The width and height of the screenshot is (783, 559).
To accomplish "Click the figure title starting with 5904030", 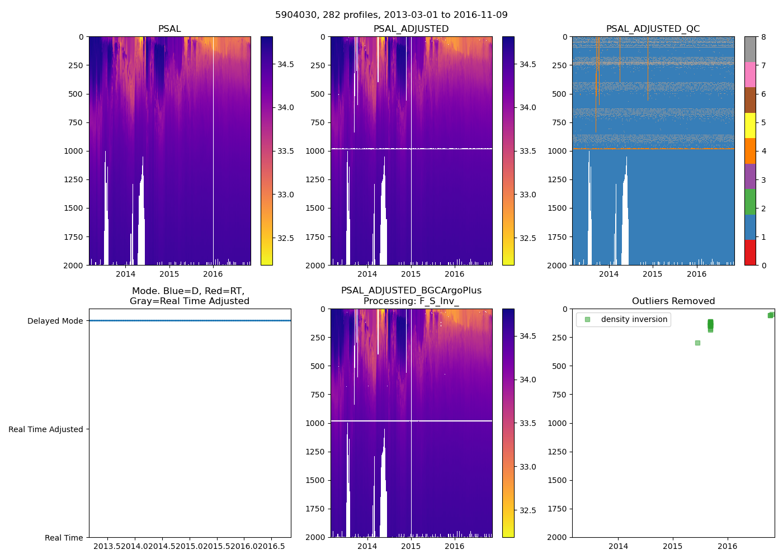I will pos(391,15).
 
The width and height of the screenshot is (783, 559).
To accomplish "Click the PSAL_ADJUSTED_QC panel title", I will pos(653,29).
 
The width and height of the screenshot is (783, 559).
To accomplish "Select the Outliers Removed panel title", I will pos(673,301).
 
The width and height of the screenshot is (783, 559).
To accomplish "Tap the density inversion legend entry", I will pos(634,320).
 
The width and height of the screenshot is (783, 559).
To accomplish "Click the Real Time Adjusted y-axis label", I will pos(45,429).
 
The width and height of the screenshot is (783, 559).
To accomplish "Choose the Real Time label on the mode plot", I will pos(64,538).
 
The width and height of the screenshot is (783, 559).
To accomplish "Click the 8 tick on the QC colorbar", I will pos(763,37).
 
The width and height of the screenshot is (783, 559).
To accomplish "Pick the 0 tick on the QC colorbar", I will pos(763,265).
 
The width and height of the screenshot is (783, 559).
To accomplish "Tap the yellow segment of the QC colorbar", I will pos(750,125).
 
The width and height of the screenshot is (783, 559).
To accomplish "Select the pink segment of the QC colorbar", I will pos(750,74).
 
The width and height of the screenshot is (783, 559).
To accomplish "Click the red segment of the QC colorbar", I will pos(750,252).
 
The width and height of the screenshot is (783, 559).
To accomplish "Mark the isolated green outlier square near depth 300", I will pos(697,343).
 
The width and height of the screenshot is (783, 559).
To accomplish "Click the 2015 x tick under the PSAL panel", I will pos(169,274).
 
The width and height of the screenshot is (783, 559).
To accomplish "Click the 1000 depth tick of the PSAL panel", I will pos(73,151).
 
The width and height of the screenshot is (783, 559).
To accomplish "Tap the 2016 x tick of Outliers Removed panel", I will pos(727,546).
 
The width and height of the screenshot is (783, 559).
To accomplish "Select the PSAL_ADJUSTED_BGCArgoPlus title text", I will pos(411,291).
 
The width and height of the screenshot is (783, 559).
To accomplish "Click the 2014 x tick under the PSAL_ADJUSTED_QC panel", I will pos(609,274).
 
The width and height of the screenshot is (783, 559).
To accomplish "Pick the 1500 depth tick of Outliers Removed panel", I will pos(557,480).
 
